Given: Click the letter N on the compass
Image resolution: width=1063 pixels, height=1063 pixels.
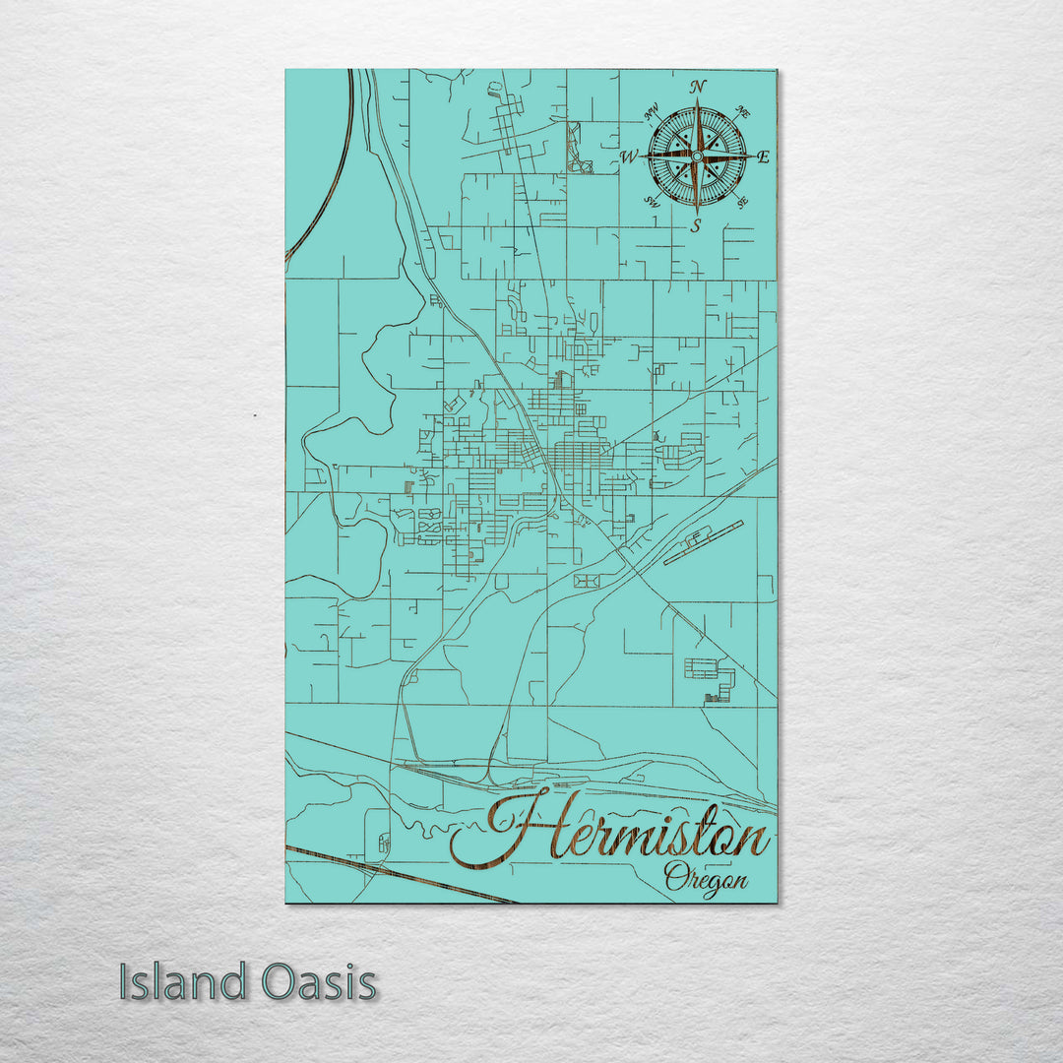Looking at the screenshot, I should point(698,87).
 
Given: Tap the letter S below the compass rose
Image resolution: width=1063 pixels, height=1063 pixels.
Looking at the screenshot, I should point(696,226).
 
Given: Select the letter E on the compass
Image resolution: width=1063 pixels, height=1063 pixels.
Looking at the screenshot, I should point(765,157).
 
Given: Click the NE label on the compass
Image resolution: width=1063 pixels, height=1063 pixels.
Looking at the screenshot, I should point(742,114).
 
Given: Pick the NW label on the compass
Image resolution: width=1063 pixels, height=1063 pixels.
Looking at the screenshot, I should point(651,113).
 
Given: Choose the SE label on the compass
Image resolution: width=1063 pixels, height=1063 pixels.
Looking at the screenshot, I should point(742,201).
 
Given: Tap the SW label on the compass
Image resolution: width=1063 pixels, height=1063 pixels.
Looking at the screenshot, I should point(651,200).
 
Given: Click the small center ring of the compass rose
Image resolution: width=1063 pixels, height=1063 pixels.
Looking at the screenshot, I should point(697,156).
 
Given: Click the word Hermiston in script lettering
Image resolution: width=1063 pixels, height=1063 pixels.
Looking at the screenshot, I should point(610,835).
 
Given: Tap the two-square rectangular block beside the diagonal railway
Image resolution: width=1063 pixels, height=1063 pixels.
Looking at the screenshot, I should point(587,581).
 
